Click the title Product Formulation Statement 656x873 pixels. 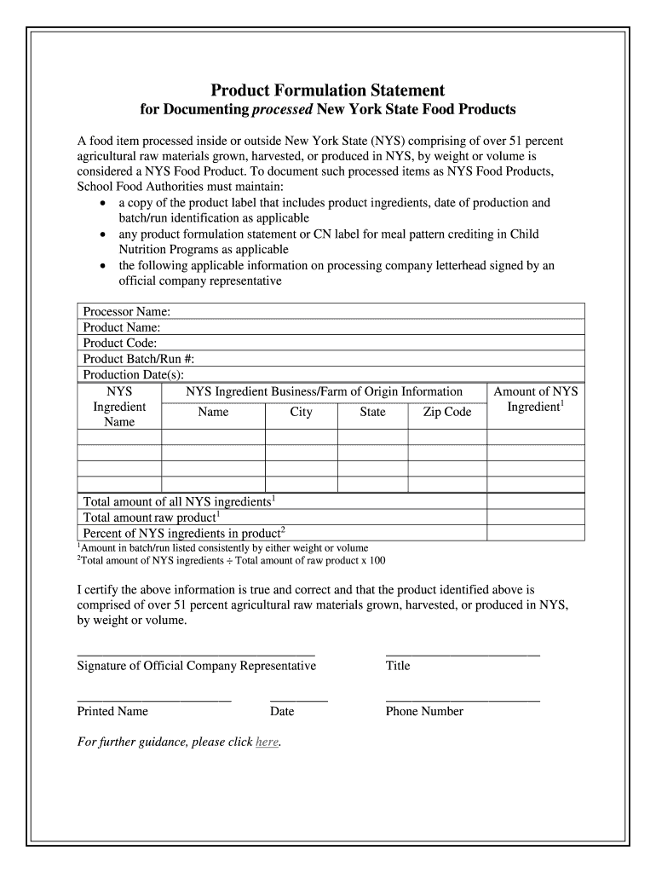click(328, 90)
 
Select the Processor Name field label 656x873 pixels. click(127, 311)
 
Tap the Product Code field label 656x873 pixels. click(120, 343)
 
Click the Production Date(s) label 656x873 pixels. click(133, 375)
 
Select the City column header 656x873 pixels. click(301, 412)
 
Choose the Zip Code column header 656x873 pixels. click(447, 412)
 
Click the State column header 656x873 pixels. click(372, 412)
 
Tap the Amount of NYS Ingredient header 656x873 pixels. click(536, 399)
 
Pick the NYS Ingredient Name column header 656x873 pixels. click(119, 407)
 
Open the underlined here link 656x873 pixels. click(267, 742)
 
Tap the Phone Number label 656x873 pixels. click(424, 711)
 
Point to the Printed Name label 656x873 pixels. click(112, 711)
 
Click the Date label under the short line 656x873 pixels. click(282, 711)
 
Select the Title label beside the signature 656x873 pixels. click(398, 665)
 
